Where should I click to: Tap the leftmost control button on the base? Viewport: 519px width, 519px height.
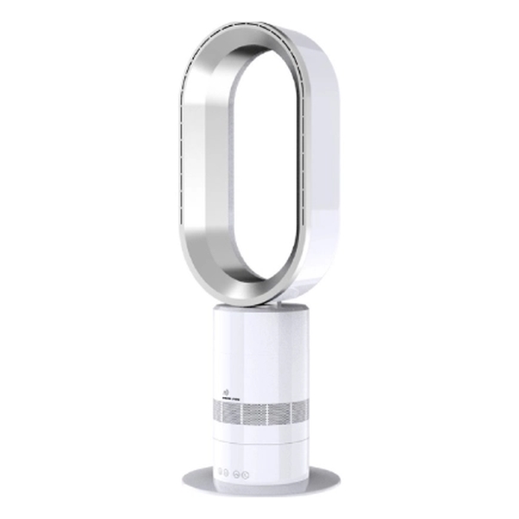pyautogui.click(x=221, y=474)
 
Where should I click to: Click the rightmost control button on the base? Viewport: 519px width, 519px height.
pyautogui.click(x=246, y=474)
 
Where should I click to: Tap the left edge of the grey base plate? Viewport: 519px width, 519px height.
pyautogui.click(x=183, y=478)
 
